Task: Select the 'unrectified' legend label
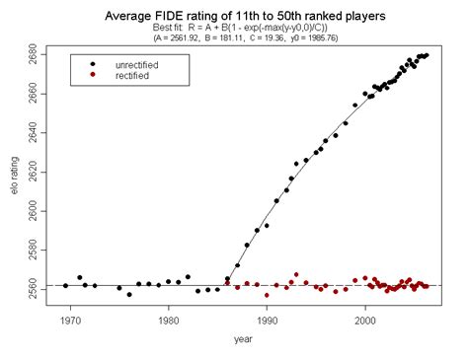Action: point(137,64)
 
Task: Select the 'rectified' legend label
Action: point(133,75)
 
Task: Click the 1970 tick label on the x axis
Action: point(70,321)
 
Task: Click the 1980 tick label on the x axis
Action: point(169,321)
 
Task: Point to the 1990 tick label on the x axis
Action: point(267,321)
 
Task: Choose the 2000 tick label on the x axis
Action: point(365,321)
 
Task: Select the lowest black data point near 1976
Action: point(129,294)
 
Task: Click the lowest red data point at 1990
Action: point(267,295)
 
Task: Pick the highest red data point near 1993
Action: point(296,275)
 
